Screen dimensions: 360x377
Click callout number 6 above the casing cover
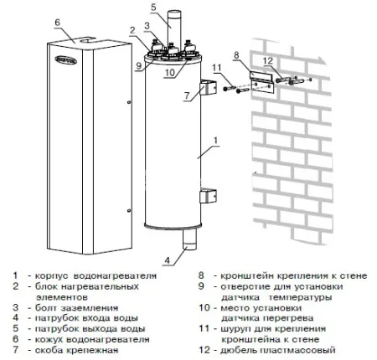57,21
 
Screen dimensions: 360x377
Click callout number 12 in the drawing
267,61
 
